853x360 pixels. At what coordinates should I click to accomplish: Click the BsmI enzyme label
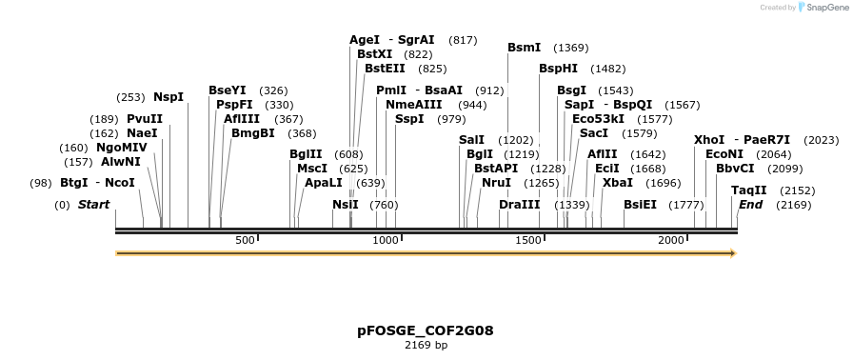[524, 48]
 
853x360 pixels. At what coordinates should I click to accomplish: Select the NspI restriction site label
[169, 97]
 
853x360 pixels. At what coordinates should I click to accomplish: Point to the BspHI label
[558, 69]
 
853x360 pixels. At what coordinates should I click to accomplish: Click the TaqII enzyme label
[748, 190]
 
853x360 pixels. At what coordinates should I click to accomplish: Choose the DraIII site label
[519, 205]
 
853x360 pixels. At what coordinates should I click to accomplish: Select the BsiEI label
[640, 205]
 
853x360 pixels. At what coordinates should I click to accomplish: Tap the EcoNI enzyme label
[724, 154]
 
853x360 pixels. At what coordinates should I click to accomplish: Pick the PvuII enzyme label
[145, 119]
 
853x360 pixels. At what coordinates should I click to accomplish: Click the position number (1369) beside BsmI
[571, 48]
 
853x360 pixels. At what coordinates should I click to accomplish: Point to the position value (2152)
[797, 190]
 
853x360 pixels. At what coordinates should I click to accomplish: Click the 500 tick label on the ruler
[245, 240]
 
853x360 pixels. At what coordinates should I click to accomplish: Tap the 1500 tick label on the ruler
[527, 240]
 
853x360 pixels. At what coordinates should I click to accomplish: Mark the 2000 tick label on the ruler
[670, 240]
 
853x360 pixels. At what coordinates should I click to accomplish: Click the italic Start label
[93, 205]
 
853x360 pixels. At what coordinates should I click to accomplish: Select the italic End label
[750, 205]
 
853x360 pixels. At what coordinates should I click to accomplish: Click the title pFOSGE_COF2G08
[426, 330]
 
